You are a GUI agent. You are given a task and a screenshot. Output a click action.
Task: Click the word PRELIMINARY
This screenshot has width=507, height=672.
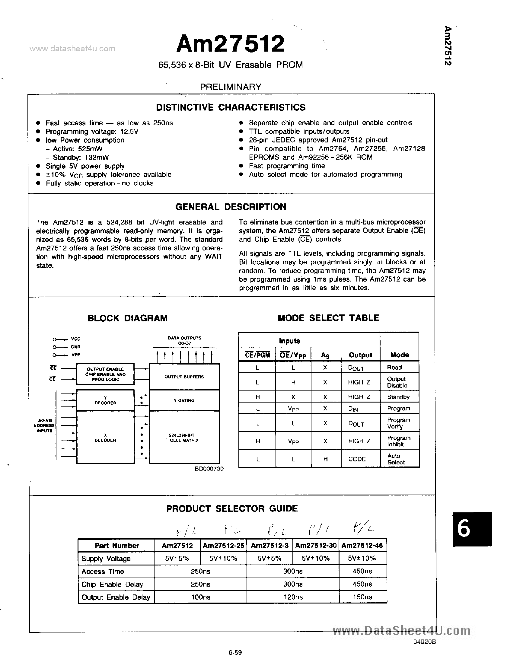[230, 87]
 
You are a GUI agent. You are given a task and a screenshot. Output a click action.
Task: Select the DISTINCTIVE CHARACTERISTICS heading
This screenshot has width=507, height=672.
[231, 107]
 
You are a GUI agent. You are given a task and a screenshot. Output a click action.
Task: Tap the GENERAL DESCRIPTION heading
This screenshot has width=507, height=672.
[231, 207]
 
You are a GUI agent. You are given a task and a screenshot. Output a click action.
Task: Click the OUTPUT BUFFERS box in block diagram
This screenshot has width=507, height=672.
[184, 377]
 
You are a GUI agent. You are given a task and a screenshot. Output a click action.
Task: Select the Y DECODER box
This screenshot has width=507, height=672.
[105, 400]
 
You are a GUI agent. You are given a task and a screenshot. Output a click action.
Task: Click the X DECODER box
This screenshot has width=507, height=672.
[105, 438]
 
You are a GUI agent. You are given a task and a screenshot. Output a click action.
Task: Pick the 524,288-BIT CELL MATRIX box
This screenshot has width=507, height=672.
[184, 438]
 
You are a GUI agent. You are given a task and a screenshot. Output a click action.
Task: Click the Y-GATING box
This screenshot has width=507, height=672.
[184, 400]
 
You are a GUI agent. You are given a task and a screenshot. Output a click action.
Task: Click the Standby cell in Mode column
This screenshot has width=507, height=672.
[398, 397]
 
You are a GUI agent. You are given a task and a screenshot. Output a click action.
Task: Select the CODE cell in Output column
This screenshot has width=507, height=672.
[357, 459]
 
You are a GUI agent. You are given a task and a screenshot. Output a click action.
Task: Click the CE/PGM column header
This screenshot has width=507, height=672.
[257, 355]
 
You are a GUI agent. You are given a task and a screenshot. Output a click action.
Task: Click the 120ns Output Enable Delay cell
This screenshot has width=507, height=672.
[292, 597]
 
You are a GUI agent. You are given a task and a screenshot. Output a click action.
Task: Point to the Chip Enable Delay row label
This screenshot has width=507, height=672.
[112, 584]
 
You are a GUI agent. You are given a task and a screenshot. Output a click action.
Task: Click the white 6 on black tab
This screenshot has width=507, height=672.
[464, 529]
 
